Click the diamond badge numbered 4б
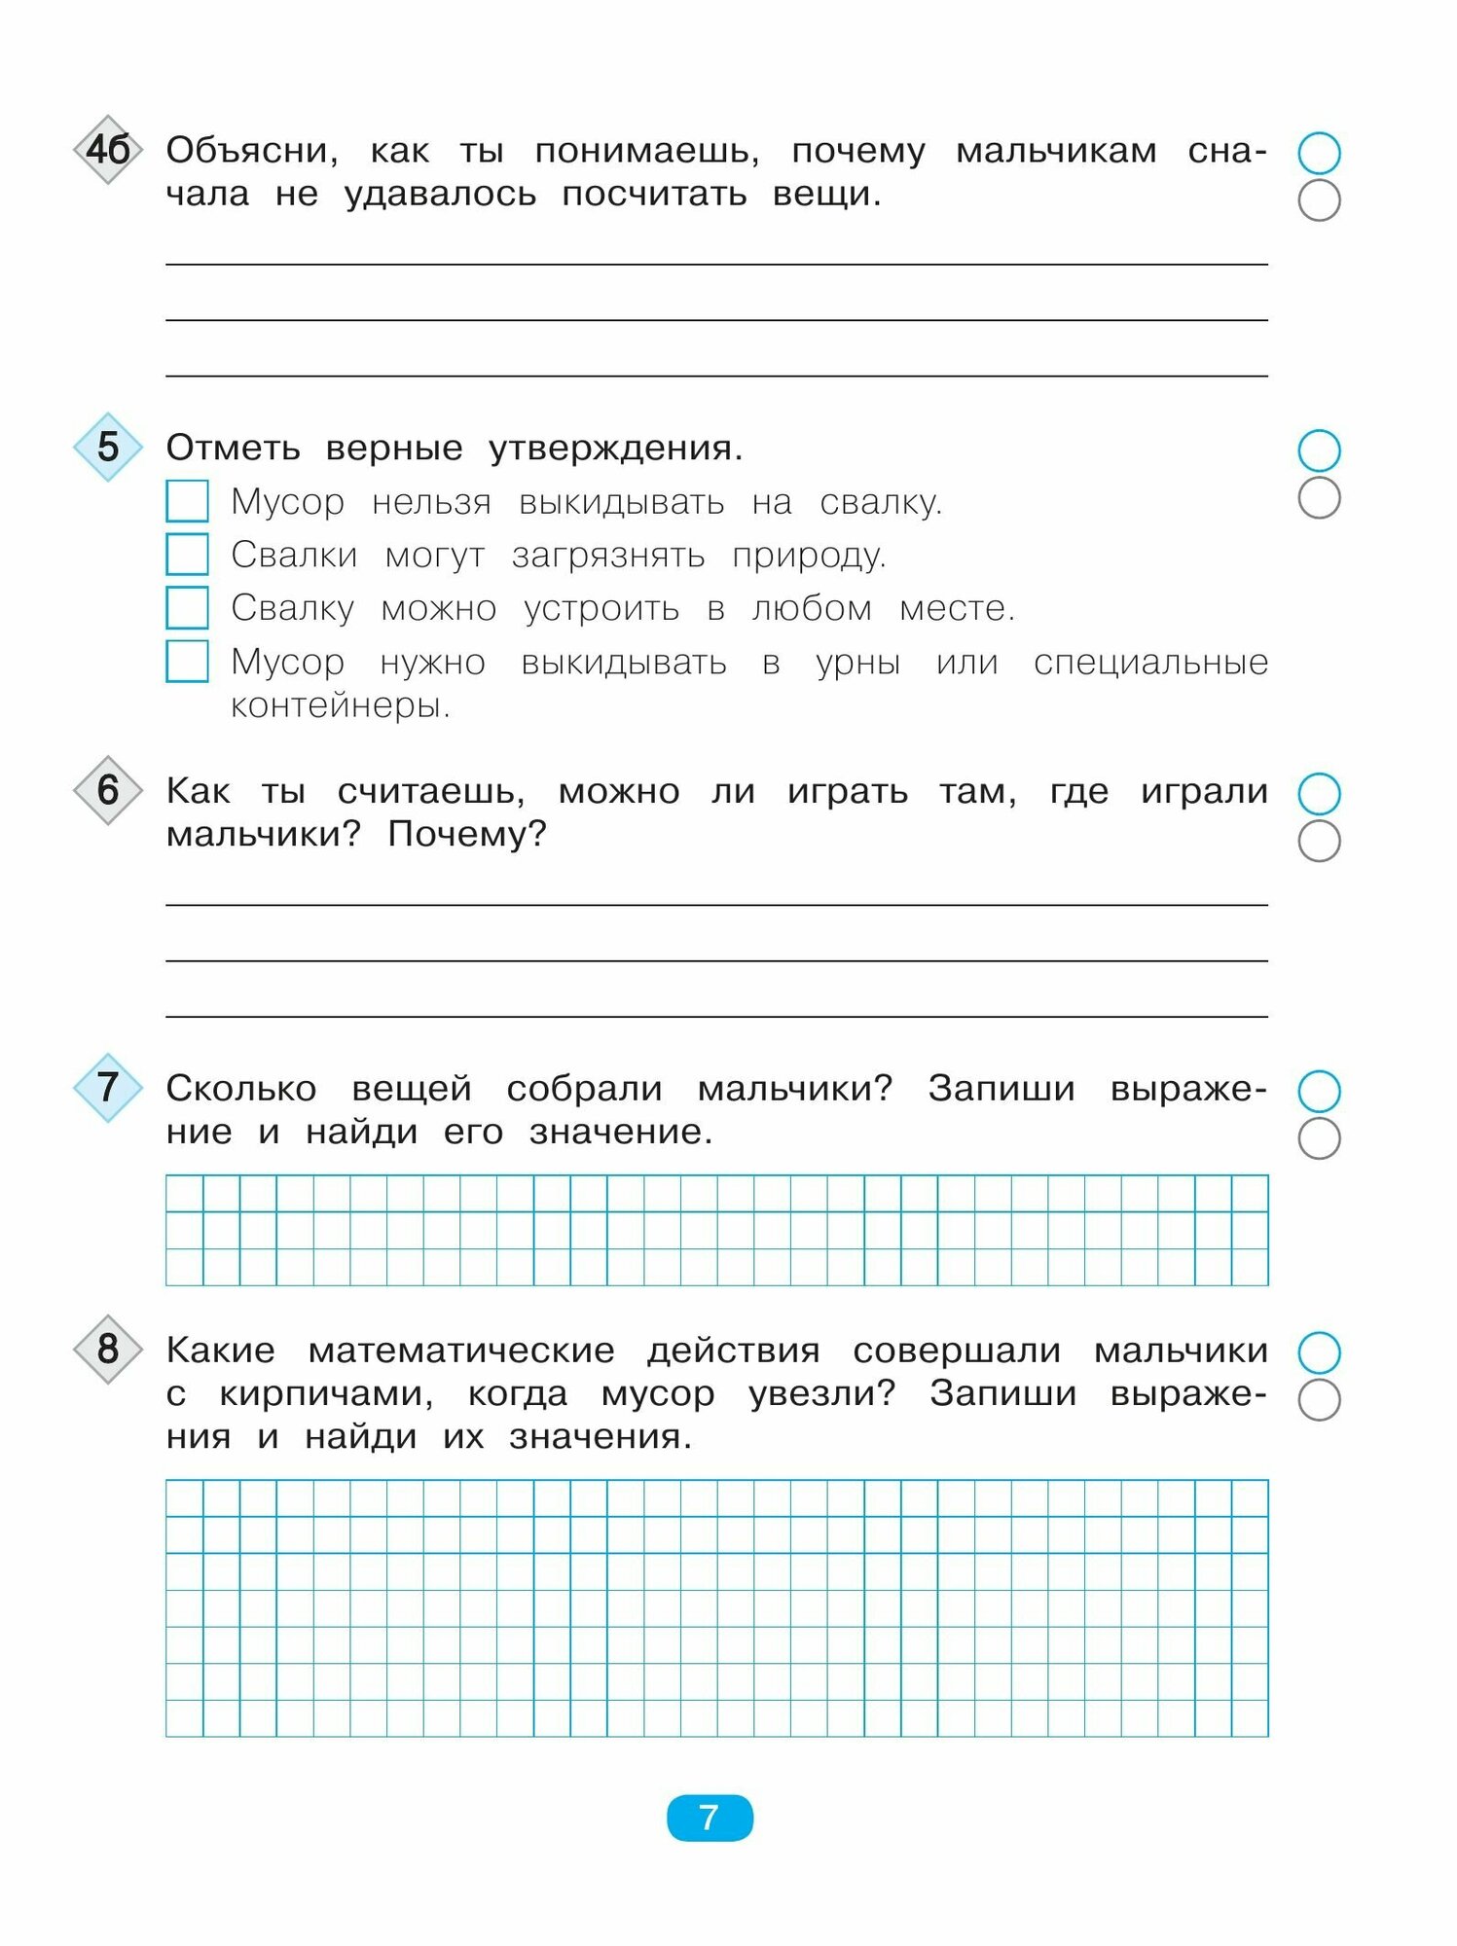tap(108, 150)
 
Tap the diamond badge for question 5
tap(108, 447)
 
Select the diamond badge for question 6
tap(108, 790)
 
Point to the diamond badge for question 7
tap(108, 1087)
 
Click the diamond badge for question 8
tap(108, 1349)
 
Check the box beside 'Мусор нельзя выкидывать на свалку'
tap(187, 501)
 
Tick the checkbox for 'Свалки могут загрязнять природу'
tap(187, 555)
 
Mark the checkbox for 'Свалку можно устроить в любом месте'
tap(187, 608)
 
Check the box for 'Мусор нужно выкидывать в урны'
tap(187, 662)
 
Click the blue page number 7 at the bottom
tap(710, 1818)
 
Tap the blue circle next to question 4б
tap(1319, 153)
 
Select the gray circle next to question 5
tap(1319, 497)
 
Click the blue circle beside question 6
tap(1319, 794)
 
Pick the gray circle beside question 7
tap(1319, 1138)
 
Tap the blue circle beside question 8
tap(1319, 1351)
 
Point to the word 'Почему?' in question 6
tap(467, 834)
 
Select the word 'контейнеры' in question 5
tap(340, 705)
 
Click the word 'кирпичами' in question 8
tap(326, 1394)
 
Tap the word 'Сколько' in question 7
tap(241, 1089)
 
